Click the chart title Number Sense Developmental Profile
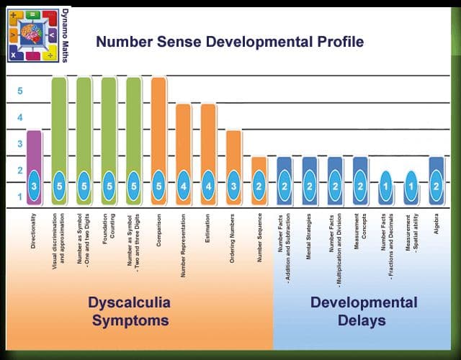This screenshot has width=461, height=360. point(230,41)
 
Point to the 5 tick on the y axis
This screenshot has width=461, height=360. point(20,91)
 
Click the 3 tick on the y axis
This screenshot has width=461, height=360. point(20,144)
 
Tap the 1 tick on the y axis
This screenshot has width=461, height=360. point(20,196)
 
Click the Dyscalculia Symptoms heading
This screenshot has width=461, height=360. point(129,310)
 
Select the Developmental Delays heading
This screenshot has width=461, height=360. point(364,310)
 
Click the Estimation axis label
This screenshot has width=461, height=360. point(207,236)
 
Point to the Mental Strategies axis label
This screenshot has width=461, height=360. point(308,236)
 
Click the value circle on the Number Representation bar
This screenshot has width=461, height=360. point(184,186)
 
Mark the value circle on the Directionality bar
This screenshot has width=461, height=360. point(34,186)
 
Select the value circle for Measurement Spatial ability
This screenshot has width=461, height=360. point(410,186)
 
